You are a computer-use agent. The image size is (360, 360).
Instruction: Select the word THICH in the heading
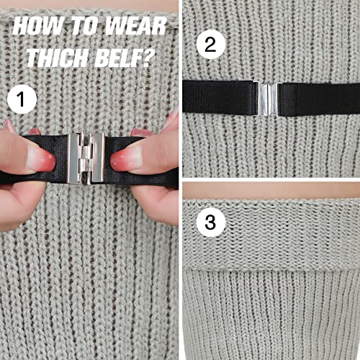(55, 57)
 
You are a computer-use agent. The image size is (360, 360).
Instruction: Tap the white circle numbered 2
(210, 45)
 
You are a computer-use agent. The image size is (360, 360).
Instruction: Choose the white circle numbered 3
(210, 222)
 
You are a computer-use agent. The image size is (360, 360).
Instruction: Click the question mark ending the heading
(148, 57)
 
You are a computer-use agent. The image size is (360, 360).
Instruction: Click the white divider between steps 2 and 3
(270, 180)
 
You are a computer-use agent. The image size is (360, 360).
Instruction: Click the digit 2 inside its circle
(210, 45)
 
